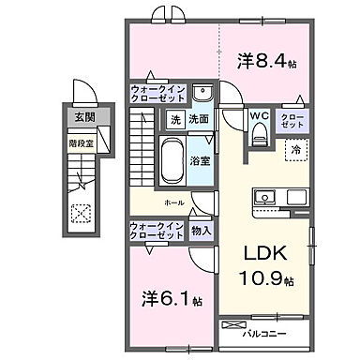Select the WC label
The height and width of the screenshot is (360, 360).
(x=259, y=117)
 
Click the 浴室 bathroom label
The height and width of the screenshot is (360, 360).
(x=200, y=162)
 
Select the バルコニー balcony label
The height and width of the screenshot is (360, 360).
(x=266, y=332)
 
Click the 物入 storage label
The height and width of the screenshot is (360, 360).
(x=201, y=230)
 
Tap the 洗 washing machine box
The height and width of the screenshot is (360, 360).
(x=174, y=120)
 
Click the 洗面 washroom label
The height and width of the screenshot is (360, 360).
(x=198, y=120)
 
